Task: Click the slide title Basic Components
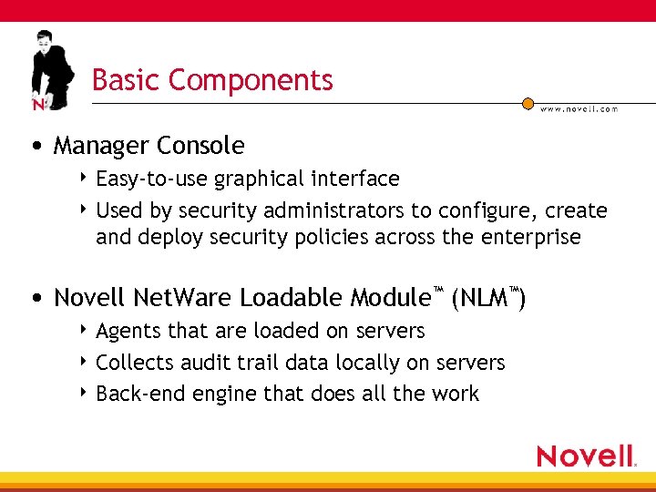(x=212, y=80)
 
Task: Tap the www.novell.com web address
(x=579, y=109)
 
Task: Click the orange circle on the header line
(x=528, y=104)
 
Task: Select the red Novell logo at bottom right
(x=585, y=456)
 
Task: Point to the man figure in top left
(x=49, y=69)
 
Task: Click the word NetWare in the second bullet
(x=183, y=298)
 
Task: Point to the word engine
(x=220, y=395)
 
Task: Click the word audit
(x=210, y=363)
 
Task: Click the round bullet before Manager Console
(x=35, y=147)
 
